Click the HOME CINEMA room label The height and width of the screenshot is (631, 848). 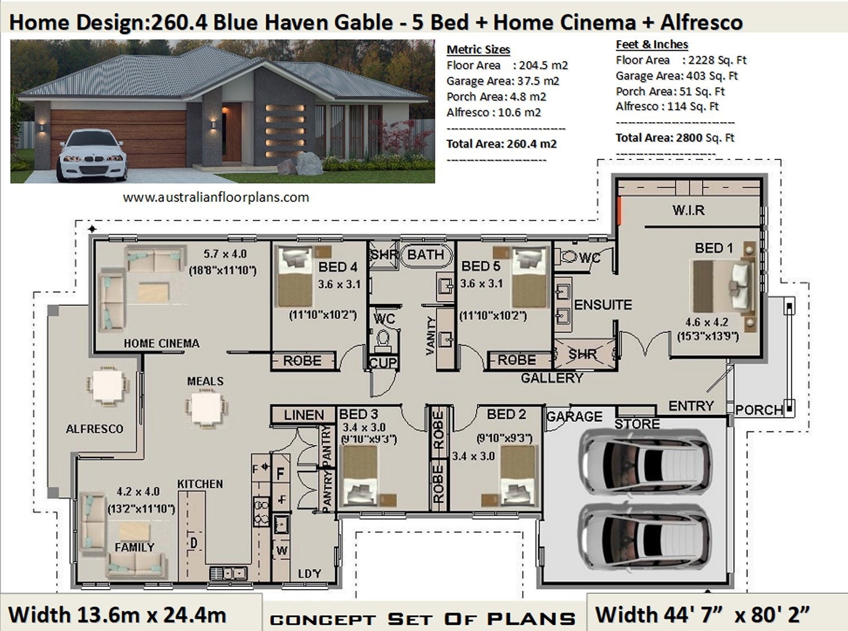(x=161, y=343)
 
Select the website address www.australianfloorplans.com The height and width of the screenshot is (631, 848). (x=216, y=197)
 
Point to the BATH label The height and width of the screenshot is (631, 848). (x=425, y=255)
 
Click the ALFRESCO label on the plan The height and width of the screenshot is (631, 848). (x=94, y=429)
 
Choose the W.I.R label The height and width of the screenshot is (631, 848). (x=688, y=210)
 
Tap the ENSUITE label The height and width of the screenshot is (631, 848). (x=603, y=305)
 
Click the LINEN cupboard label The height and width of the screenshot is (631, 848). (x=304, y=415)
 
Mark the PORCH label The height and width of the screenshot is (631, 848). (x=759, y=410)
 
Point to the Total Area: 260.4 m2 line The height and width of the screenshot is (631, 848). (x=501, y=144)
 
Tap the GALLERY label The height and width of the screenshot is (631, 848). (x=552, y=378)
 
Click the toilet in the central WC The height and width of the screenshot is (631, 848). (x=383, y=340)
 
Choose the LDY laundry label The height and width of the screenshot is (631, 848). (x=309, y=574)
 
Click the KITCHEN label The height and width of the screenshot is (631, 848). (x=200, y=484)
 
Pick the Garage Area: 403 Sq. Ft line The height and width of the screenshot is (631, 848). (x=677, y=76)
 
